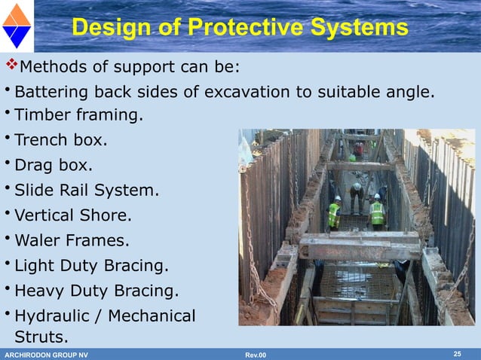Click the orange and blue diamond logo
point(17,26)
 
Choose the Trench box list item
point(61,140)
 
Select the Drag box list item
point(54,165)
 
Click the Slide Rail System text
point(87,191)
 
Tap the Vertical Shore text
point(73,215)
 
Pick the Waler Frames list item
point(72,241)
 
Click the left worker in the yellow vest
point(334,212)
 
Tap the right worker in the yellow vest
point(376,212)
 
